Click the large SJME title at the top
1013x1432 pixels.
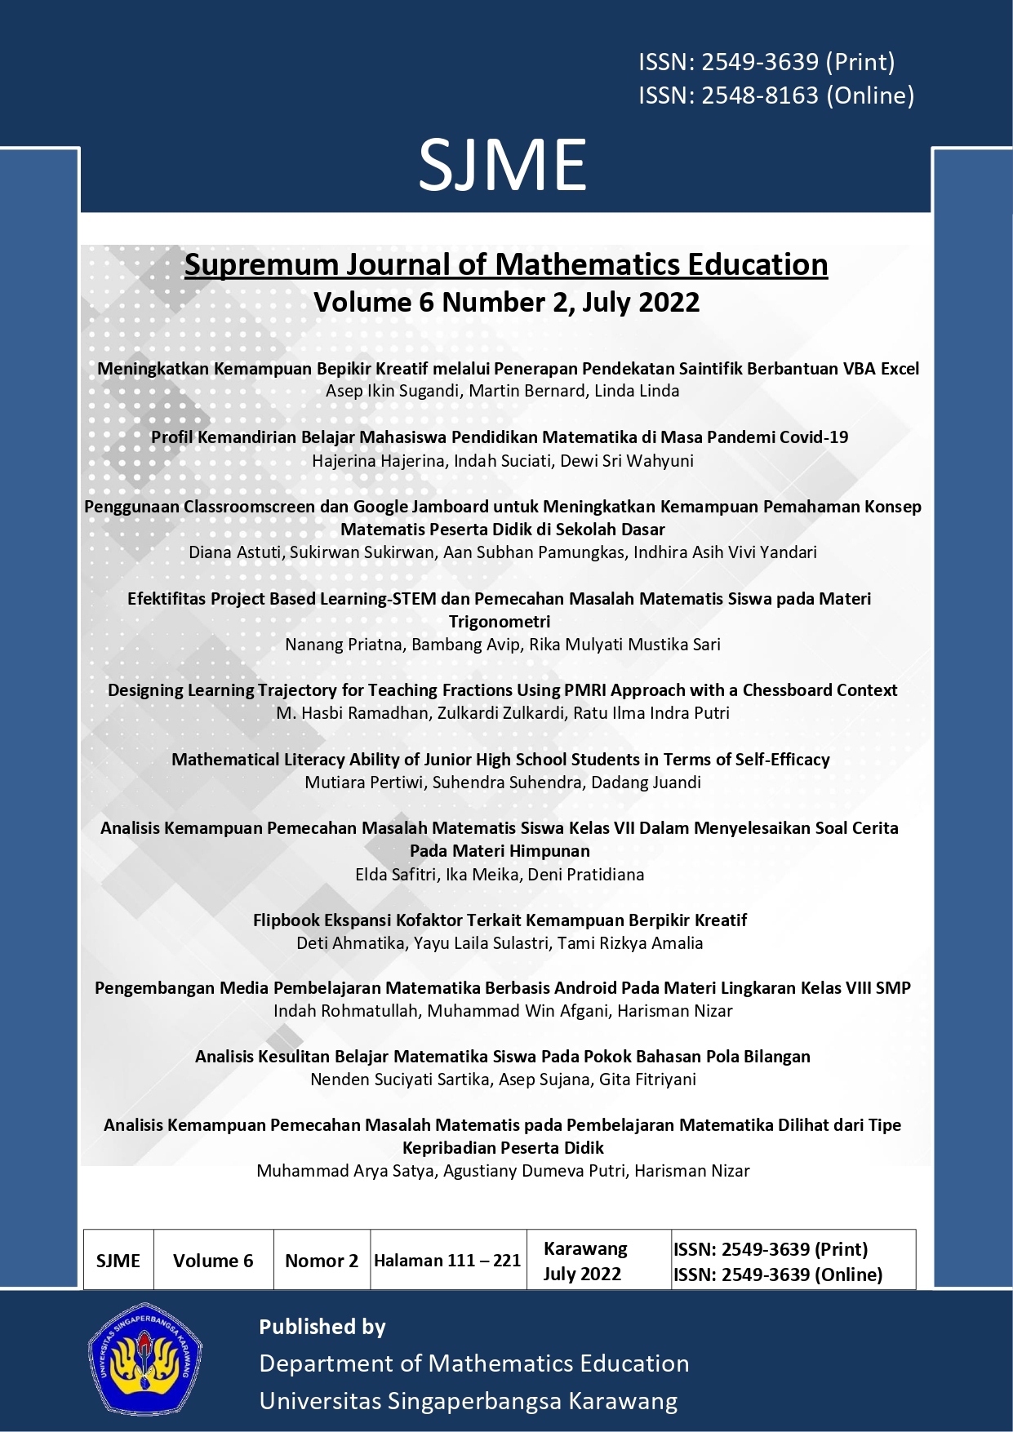(x=503, y=166)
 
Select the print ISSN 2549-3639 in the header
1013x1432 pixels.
(x=766, y=62)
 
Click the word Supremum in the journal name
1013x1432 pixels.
(x=261, y=265)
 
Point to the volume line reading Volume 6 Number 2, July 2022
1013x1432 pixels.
(x=506, y=303)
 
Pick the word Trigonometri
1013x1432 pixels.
(x=500, y=622)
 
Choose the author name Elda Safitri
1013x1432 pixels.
(x=397, y=875)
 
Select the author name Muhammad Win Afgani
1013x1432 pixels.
(x=518, y=1011)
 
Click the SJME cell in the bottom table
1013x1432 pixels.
(x=118, y=1261)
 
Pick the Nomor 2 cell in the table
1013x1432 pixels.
(x=322, y=1261)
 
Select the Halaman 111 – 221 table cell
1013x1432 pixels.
(x=447, y=1261)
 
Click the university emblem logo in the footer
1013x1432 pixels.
(x=145, y=1358)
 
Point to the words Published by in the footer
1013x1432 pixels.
(x=322, y=1327)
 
